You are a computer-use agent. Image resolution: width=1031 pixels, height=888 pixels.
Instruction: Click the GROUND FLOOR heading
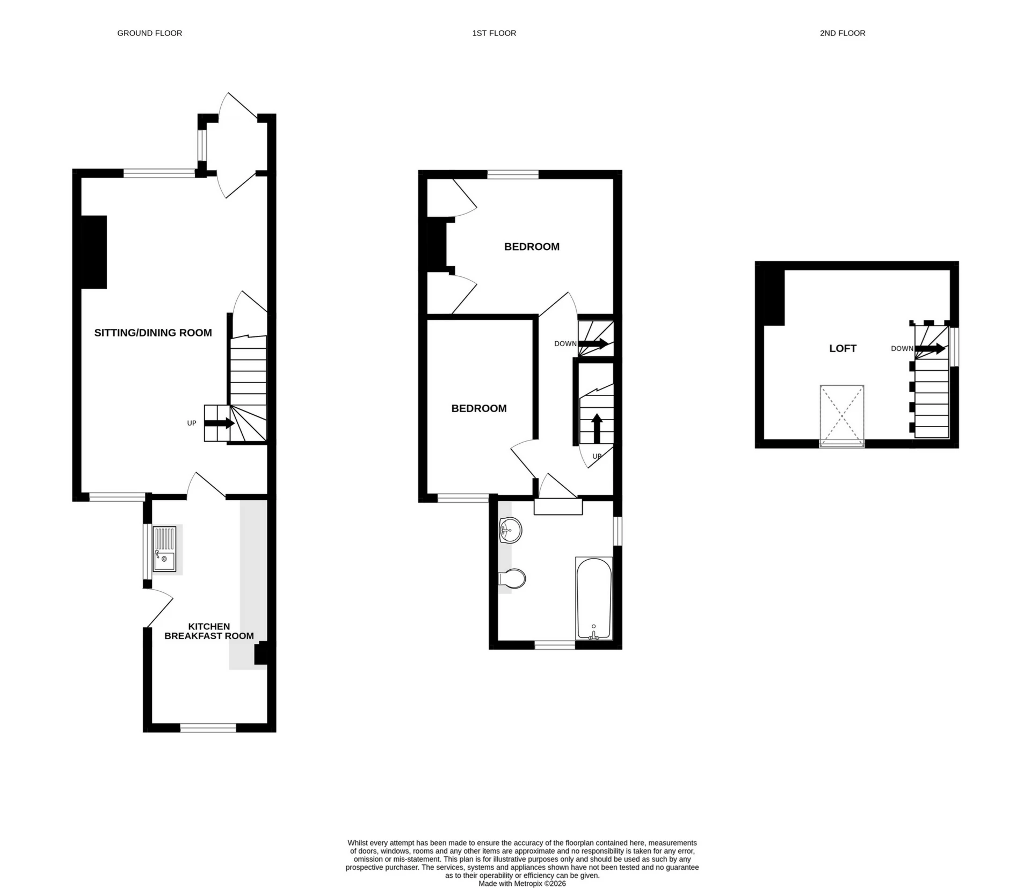pos(149,33)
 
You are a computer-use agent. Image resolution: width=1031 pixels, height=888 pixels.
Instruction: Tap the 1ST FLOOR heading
pos(494,33)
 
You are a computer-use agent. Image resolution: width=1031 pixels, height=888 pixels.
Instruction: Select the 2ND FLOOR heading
pos(842,33)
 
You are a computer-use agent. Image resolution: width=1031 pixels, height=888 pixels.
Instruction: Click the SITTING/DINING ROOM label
pos(153,333)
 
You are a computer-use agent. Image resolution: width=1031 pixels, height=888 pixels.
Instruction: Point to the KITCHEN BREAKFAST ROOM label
pos(209,631)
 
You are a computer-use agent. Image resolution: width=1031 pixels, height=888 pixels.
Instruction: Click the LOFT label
pos(843,348)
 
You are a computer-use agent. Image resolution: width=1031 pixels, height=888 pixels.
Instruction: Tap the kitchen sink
pos(164,549)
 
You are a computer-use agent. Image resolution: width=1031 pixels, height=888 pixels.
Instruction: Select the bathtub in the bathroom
pos(593,598)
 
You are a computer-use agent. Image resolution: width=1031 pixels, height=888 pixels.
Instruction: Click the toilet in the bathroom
pos(513,578)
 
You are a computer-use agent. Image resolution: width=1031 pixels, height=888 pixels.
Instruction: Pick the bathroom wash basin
pos(510,530)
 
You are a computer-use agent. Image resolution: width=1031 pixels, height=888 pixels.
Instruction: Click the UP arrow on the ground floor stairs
pos(219,423)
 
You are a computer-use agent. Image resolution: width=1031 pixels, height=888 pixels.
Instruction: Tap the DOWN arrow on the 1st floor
pos(593,343)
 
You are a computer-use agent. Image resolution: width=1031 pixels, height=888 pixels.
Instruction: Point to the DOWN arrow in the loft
pos(930,349)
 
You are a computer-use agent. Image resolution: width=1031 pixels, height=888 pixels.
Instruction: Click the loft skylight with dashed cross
pos(841,415)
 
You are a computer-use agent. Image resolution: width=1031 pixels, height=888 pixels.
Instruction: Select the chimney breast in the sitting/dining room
pos(93,252)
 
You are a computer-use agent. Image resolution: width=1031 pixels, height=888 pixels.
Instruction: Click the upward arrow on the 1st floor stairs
pos(596,428)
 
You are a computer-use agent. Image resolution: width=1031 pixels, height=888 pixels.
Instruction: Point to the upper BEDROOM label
pos(532,247)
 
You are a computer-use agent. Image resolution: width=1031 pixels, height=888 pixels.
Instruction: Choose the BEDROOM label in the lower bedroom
pos(478,408)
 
